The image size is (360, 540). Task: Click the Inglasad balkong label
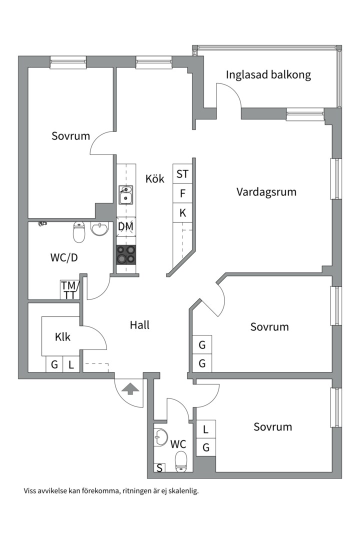268,75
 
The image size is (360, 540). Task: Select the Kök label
155,178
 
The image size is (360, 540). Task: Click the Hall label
139,325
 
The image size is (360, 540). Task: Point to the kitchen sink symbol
125,195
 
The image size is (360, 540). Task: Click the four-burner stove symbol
125,254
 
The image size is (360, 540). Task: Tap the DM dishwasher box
125,227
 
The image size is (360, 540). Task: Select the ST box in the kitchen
182,174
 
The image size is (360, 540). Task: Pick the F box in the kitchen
182,193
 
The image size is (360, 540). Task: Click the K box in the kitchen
182,213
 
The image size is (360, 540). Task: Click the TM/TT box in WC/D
70,290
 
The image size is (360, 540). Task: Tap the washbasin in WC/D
100,229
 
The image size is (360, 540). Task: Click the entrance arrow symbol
130,388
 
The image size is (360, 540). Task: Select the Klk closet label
62,337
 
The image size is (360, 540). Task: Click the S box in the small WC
159,468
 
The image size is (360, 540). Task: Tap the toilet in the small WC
181,461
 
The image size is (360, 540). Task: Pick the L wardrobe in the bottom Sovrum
205,429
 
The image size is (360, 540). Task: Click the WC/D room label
64,258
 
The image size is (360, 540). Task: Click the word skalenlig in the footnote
183,491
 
